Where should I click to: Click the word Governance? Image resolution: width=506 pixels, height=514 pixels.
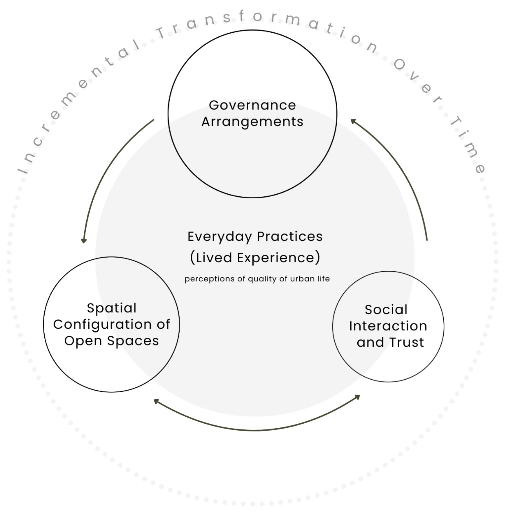click(252, 105)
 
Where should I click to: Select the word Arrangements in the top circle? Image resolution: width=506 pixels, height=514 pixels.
click(252, 122)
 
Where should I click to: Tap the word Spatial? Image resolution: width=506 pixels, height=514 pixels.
click(112, 308)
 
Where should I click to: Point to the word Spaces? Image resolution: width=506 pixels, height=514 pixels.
click(133, 341)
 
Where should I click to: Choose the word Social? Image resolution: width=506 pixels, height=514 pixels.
click(386, 310)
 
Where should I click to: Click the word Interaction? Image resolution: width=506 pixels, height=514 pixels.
click(388, 326)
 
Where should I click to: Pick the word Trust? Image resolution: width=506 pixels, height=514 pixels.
click(407, 342)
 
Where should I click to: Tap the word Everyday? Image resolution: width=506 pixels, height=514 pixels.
click(220, 237)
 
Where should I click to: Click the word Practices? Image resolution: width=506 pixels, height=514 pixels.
click(290, 237)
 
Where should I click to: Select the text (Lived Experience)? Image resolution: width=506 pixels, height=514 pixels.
click(255, 257)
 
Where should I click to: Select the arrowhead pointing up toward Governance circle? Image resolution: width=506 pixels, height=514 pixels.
click(353, 121)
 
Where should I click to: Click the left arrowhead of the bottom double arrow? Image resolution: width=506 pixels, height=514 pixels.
click(156, 401)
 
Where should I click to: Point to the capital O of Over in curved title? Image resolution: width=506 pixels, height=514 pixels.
click(399, 64)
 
